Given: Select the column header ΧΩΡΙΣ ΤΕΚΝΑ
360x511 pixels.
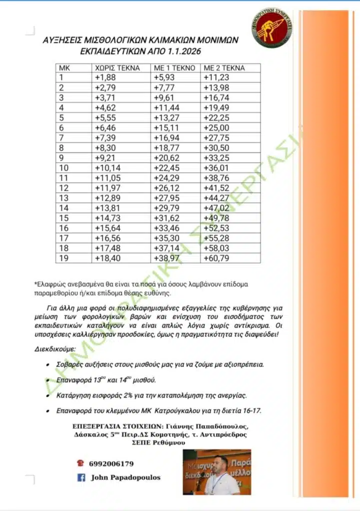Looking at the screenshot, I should tap(117, 68).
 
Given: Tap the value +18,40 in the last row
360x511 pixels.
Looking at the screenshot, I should tap(106, 258).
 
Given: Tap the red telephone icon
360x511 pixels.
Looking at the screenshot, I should tap(80, 463).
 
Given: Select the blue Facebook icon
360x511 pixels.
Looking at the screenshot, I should tap(80, 478).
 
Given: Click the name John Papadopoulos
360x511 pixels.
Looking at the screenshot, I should tap(125, 478).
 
